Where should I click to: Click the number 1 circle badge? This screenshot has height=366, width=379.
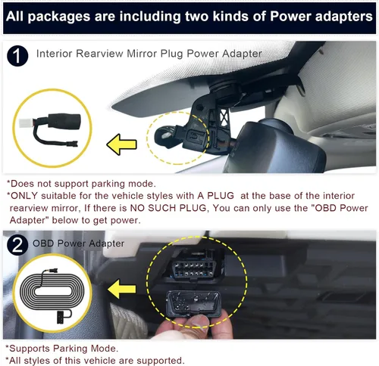pos(17,56)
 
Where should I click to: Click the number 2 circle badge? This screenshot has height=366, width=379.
pos(17,245)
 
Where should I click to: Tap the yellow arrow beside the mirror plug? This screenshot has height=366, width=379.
pos(122,144)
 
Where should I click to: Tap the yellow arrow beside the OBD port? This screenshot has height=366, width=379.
pos(122,289)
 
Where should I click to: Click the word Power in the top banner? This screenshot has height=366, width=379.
pos(290,17)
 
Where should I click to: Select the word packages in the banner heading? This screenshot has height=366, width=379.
pos(59,17)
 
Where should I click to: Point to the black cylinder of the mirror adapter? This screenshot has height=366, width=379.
pos(64,121)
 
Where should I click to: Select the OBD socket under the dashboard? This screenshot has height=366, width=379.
pos(194,268)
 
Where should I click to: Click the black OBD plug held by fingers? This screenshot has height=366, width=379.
pos(193,304)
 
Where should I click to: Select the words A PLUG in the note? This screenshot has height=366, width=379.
pos(215,196)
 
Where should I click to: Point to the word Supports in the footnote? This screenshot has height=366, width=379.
pos(30,349)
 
